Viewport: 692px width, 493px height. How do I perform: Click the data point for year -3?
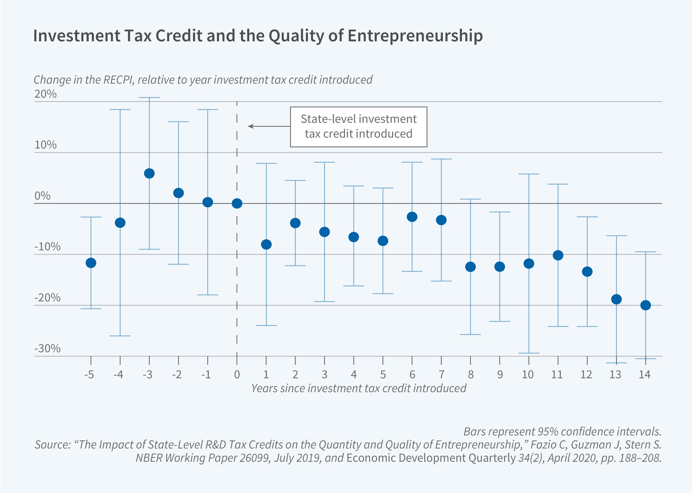coord(149,173)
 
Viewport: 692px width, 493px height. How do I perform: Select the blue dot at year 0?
coord(237,203)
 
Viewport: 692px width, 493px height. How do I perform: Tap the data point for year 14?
coord(645,305)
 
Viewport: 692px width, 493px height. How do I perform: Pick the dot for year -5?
coord(91,263)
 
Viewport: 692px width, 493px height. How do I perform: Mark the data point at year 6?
coord(412,217)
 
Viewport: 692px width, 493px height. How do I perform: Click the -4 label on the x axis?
coord(118,375)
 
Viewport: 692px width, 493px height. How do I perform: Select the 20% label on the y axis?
coord(45,94)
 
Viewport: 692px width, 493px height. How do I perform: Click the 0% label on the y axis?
coord(42,196)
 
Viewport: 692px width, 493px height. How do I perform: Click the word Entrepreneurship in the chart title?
coord(415,36)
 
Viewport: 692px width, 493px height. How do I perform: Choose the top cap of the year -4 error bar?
coord(120,110)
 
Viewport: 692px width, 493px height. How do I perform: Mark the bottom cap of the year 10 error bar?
coord(529,353)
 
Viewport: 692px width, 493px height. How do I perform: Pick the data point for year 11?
coord(558,255)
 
